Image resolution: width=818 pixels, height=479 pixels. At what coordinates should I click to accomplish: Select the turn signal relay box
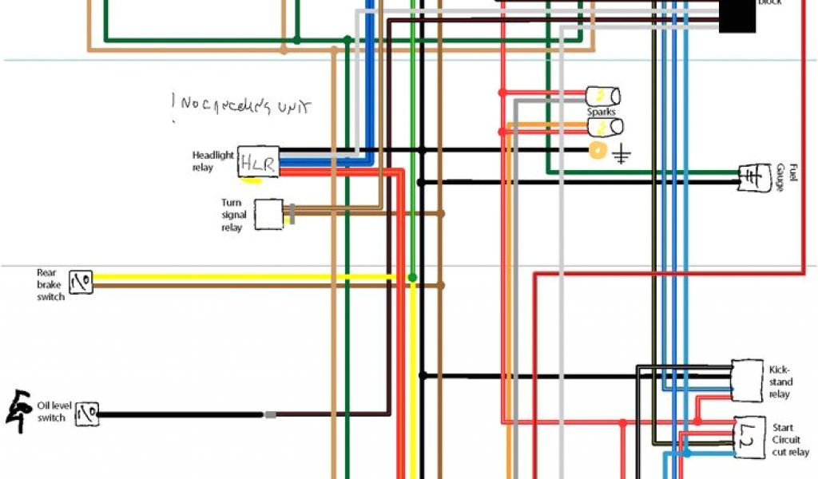(268, 214)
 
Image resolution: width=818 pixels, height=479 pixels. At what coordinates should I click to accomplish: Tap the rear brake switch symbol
(81, 281)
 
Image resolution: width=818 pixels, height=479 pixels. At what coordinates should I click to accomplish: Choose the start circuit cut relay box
(749, 437)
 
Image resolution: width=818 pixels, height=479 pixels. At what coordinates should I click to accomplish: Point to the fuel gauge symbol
(751, 176)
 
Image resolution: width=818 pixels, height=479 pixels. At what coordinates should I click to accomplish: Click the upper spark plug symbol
(604, 97)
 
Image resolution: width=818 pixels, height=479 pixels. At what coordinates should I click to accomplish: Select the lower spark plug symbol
(605, 127)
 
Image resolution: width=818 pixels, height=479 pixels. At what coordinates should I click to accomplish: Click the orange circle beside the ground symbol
(596, 150)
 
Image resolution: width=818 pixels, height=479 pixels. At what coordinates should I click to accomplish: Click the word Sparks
(602, 112)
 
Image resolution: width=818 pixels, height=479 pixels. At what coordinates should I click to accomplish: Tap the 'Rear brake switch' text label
(50, 284)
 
